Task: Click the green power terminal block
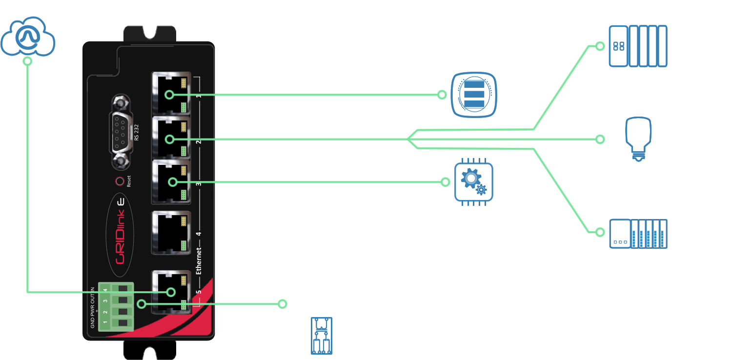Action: coord(116,306)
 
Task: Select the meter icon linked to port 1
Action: coord(474,95)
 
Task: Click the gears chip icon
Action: coord(473,182)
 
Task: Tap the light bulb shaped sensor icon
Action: coord(638,139)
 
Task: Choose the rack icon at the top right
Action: coord(638,46)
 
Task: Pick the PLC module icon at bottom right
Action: coord(638,234)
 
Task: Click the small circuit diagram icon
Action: coord(322,336)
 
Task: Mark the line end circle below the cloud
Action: coord(28,61)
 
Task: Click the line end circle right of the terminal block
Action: coord(282,304)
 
